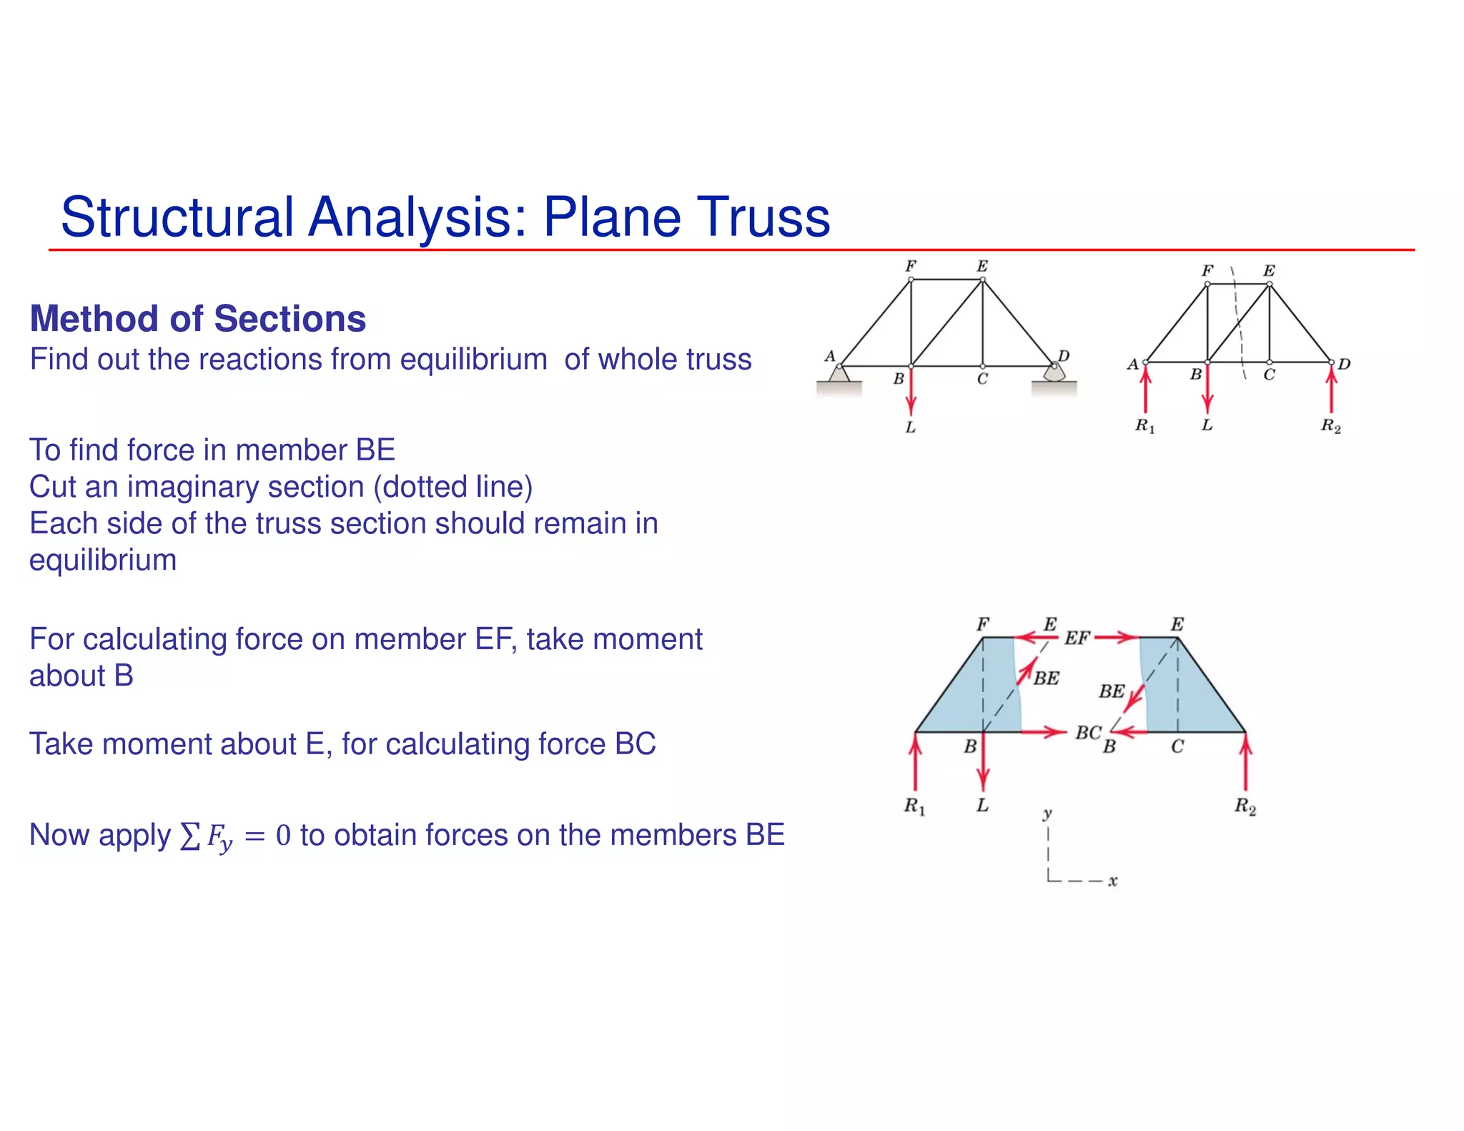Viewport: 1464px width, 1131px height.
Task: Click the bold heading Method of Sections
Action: coord(198,319)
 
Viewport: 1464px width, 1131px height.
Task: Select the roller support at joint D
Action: coord(1054,372)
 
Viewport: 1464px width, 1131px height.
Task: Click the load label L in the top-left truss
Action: coord(910,428)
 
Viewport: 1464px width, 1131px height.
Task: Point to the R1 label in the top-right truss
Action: coord(1144,426)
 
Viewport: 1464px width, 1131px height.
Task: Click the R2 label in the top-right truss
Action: coord(1330,426)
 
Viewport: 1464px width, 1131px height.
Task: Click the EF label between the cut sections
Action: coord(1077,638)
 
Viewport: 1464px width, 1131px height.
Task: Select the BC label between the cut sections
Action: coord(1088,733)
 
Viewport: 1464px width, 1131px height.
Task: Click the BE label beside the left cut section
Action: coord(1047,678)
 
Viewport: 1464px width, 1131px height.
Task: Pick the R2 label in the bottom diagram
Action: coord(1245,806)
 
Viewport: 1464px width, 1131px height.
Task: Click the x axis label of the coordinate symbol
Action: coord(1112,881)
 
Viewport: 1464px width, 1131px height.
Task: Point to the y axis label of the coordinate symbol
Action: coord(1047,814)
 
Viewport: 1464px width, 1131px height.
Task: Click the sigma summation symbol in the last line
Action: coord(189,836)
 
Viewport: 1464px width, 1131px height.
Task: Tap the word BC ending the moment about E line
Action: coord(635,744)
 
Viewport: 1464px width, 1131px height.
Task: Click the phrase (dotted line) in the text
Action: coord(453,487)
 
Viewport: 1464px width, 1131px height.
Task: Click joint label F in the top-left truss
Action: coord(911,266)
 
